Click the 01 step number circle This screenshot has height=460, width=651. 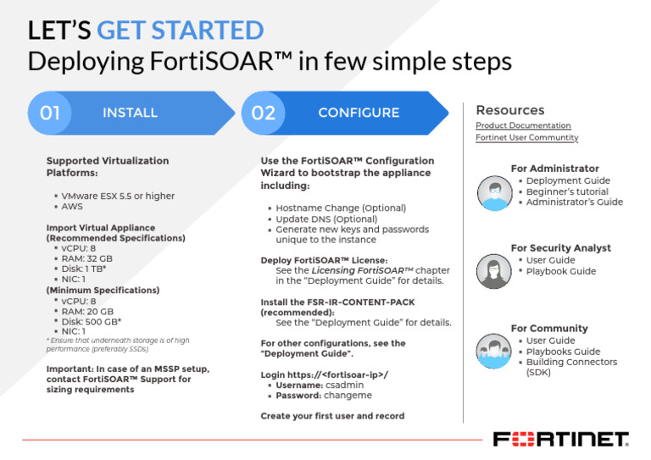50,113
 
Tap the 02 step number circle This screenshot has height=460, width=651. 264,113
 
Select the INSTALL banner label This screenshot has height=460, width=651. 130,113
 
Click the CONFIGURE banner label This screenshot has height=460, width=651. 359,113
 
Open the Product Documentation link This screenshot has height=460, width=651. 523,125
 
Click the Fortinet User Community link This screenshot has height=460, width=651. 526,137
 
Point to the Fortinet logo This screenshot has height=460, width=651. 560,439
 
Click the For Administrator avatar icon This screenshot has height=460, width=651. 492,192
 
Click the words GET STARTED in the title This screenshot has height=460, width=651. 180,30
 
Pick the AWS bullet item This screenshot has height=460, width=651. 72,207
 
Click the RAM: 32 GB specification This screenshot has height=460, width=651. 87,258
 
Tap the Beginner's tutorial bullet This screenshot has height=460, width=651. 567,191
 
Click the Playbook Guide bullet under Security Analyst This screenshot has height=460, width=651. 561,271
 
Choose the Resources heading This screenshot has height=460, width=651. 510,110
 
